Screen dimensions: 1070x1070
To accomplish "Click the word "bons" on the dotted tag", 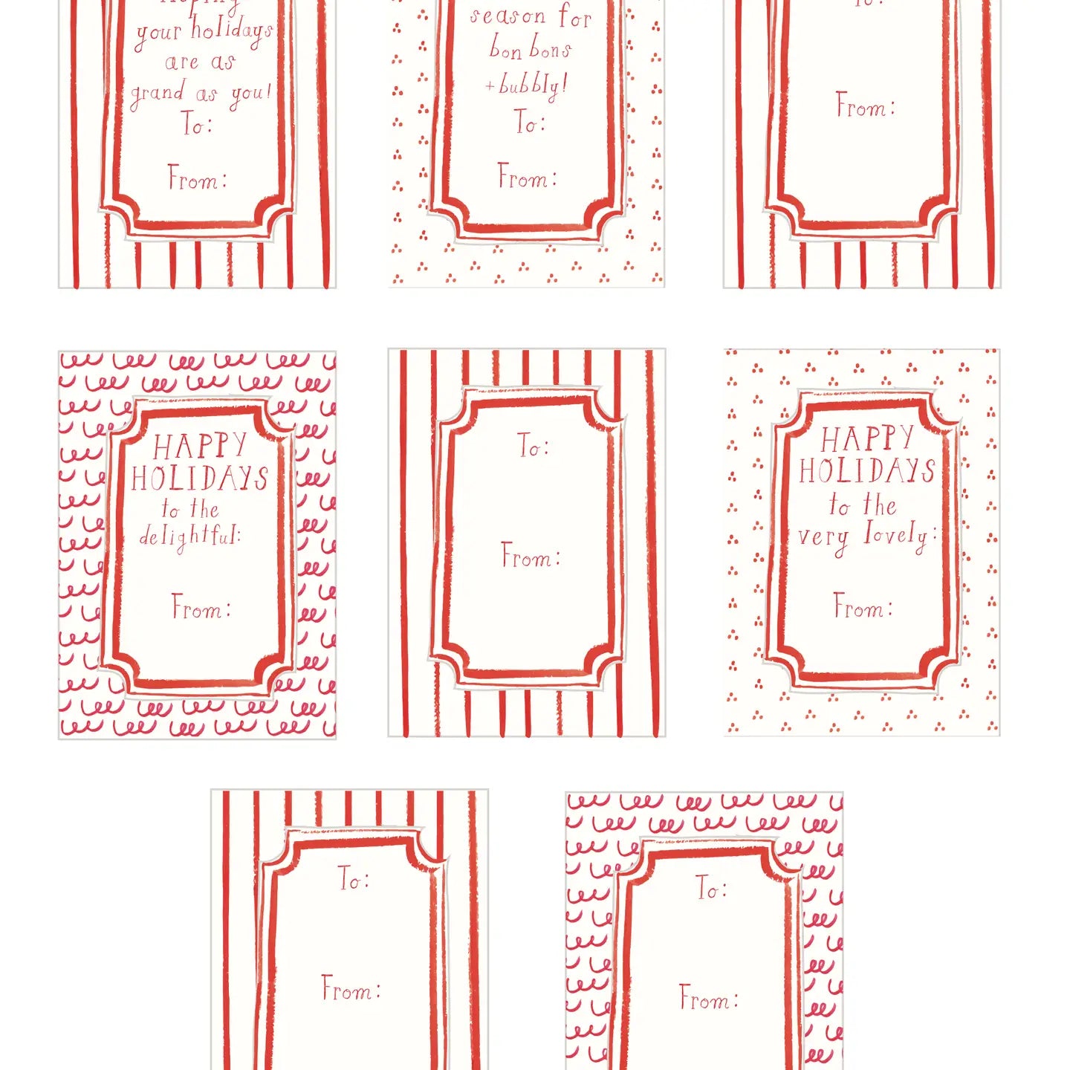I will (551, 49).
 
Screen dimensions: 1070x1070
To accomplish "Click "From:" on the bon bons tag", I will (527, 178).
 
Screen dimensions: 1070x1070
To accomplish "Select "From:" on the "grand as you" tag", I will (197, 179).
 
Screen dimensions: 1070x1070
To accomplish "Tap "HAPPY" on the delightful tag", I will (199, 446).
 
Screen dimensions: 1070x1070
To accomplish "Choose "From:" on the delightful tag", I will (201, 608).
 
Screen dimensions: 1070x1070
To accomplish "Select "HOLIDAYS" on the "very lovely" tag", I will (866, 471).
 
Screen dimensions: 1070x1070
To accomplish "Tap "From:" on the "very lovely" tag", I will (863, 607).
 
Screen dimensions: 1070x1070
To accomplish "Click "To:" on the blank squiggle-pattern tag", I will (711, 887).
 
